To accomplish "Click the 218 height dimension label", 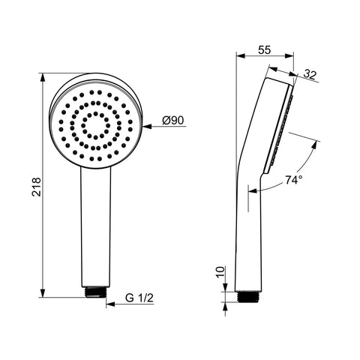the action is [37, 187].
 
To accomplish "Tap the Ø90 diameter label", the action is [173, 121].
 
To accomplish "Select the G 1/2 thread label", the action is [139, 298].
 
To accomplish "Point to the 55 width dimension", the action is [264, 50].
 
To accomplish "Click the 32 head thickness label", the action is [310, 74].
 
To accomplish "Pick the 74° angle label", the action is [294, 180].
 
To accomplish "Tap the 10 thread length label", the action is [220, 272].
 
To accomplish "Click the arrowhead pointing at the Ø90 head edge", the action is [148, 127].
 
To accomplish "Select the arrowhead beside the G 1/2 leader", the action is [110, 304].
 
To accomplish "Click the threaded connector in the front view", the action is [95, 292].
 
